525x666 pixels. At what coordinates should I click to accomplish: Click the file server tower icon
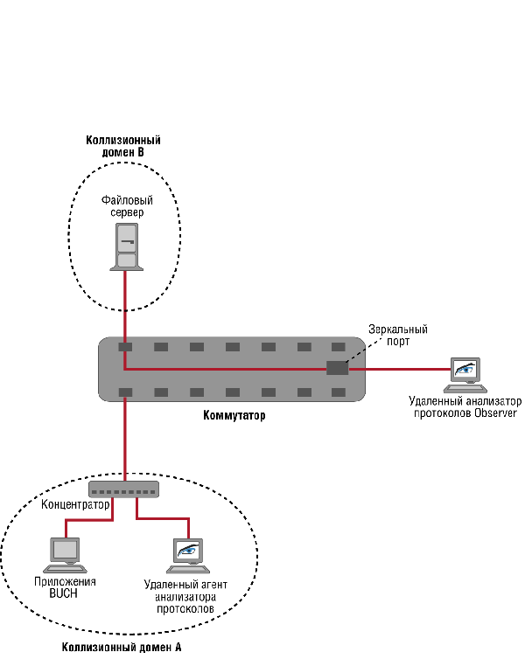point(126,247)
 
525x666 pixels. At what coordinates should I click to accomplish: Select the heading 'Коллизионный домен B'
point(123,146)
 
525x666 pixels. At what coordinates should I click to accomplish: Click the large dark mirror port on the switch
point(337,367)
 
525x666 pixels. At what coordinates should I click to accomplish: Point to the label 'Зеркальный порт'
point(397,336)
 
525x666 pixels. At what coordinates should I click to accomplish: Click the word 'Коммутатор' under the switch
point(234,416)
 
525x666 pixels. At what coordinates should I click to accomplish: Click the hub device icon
point(123,489)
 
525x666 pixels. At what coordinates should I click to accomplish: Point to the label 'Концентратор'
point(75,505)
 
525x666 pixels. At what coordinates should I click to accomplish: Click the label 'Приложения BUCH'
point(64,587)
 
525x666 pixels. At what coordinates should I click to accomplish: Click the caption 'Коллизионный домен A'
point(122,649)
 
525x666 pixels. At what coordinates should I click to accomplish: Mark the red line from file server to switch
point(125,306)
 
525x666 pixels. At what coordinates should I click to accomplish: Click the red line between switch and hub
point(125,437)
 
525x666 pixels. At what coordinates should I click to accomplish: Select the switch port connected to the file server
point(125,347)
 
